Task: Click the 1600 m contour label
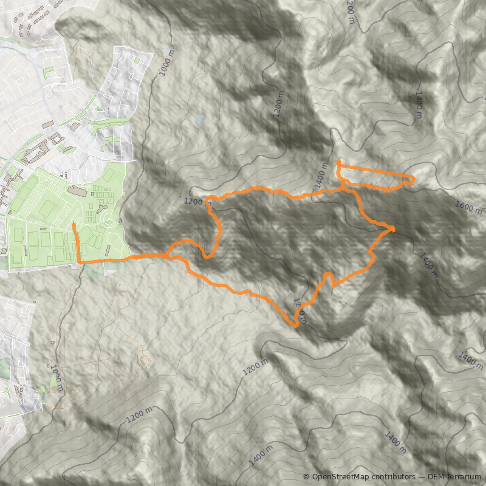(468, 208)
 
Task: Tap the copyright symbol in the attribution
(306, 477)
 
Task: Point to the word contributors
(392, 477)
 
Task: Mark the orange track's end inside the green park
(74, 225)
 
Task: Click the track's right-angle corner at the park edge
(80, 262)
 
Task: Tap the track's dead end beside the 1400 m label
(338, 162)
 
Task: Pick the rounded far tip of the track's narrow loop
(413, 179)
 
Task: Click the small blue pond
(200, 119)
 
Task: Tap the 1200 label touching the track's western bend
(194, 201)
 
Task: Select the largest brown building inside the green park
(77, 191)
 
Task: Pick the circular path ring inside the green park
(100, 208)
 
